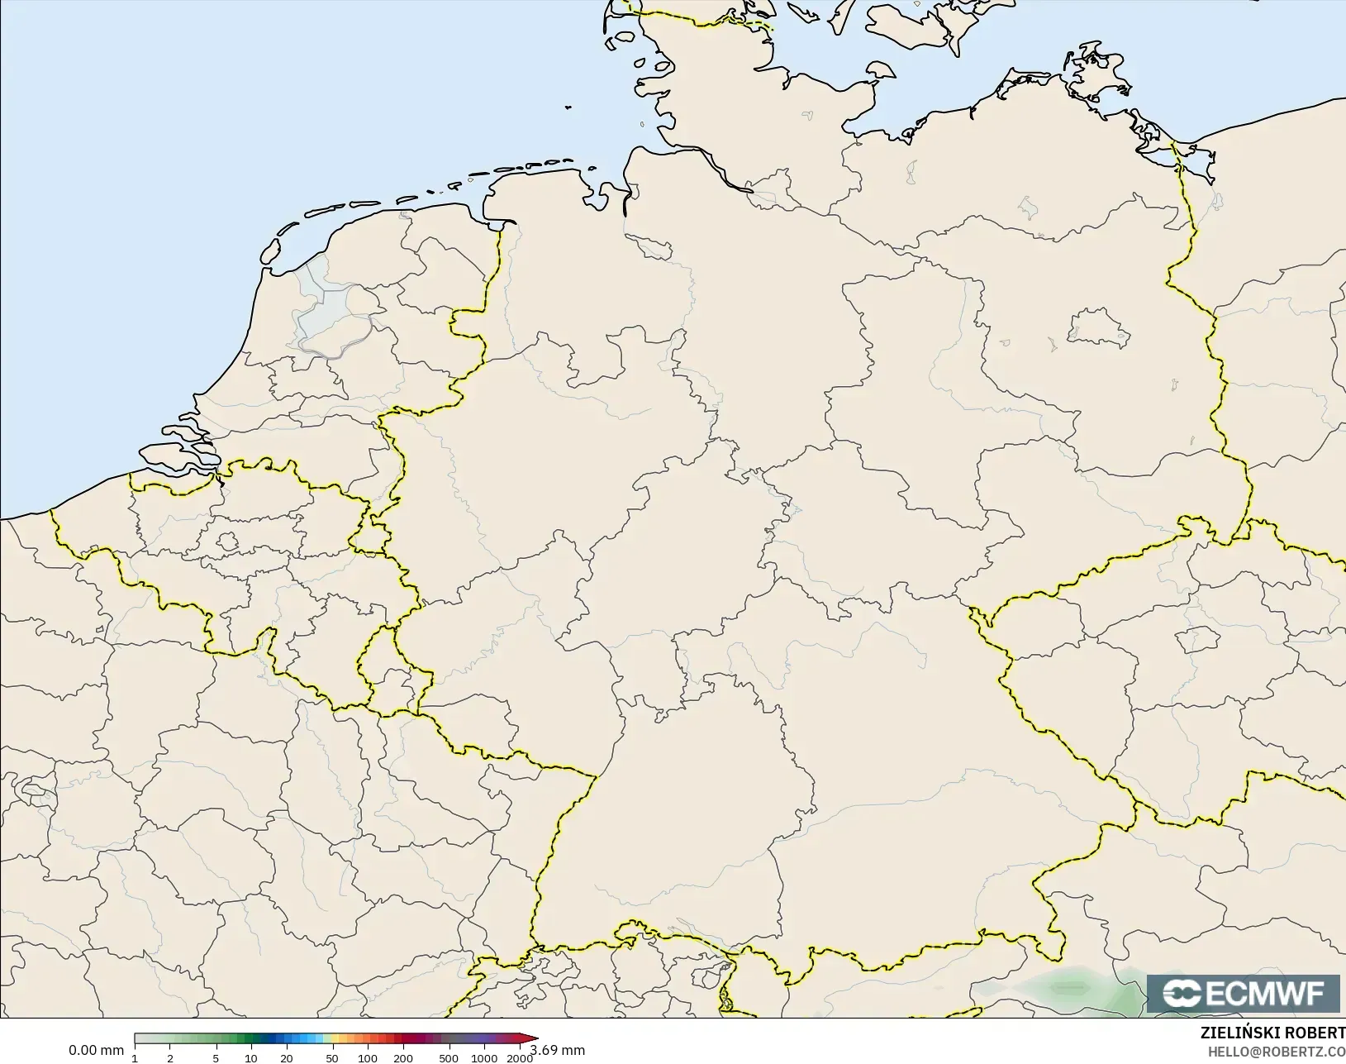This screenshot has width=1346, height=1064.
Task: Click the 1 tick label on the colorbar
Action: click(135, 1058)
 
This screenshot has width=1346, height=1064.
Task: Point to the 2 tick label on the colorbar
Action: click(170, 1058)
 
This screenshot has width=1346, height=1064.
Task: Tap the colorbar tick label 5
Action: click(216, 1058)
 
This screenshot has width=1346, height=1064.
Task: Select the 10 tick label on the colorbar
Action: click(250, 1058)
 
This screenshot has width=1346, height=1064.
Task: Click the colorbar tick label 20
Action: click(286, 1058)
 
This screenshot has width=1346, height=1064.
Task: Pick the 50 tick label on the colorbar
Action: click(331, 1058)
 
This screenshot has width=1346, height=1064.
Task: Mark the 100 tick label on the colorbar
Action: click(367, 1058)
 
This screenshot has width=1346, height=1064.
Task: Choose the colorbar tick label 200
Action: click(402, 1058)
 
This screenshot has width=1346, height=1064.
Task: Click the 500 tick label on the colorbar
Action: click(448, 1058)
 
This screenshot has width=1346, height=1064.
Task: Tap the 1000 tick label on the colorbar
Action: click(484, 1058)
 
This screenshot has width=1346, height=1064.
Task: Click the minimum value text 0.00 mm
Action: click(96, 1050)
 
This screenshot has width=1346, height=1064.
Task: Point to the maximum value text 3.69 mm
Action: click(559, 1050)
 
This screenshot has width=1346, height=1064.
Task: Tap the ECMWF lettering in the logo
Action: click(1264, 994)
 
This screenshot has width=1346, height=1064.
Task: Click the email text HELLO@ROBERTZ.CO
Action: click(1277, 1052)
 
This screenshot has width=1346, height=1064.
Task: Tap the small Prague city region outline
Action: click(1199, 640)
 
